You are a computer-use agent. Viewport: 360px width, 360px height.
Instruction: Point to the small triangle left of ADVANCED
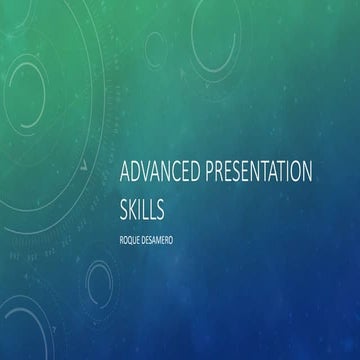[88, 164]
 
